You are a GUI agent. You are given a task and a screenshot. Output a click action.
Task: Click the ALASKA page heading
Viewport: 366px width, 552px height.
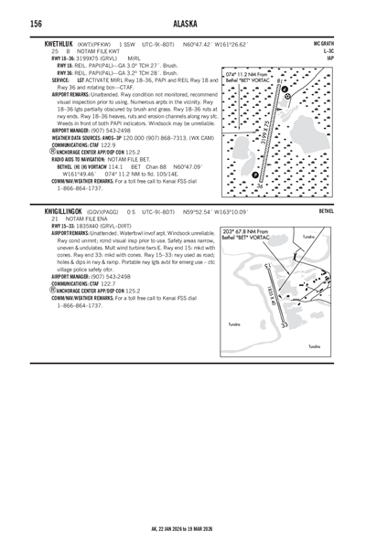tap(183, 24)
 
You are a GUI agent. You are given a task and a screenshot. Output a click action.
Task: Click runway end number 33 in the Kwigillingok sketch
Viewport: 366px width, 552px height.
tap(284, 324)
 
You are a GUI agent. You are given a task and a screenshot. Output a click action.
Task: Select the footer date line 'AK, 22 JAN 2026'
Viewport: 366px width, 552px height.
tap(183, 529)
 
